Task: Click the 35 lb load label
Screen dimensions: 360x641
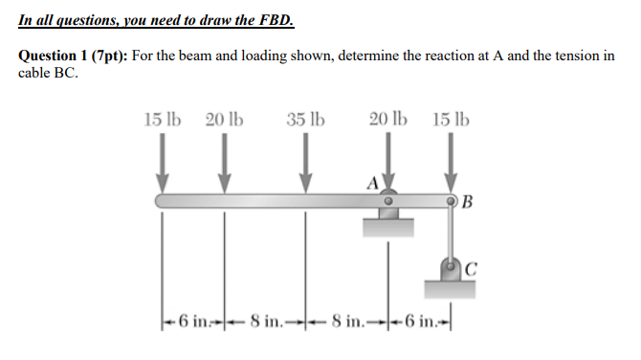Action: (x=305, y=121)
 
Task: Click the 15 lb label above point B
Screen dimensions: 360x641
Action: (x=451, y=121)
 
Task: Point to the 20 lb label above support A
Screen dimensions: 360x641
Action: (x=387, y=121)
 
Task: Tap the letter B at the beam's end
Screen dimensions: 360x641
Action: (x=466, y=201)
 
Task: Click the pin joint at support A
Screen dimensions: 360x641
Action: (x=388, y=202)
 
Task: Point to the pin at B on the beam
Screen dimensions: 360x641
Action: (x=450, y=201)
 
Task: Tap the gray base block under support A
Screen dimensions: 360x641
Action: (x=388, y=227)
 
